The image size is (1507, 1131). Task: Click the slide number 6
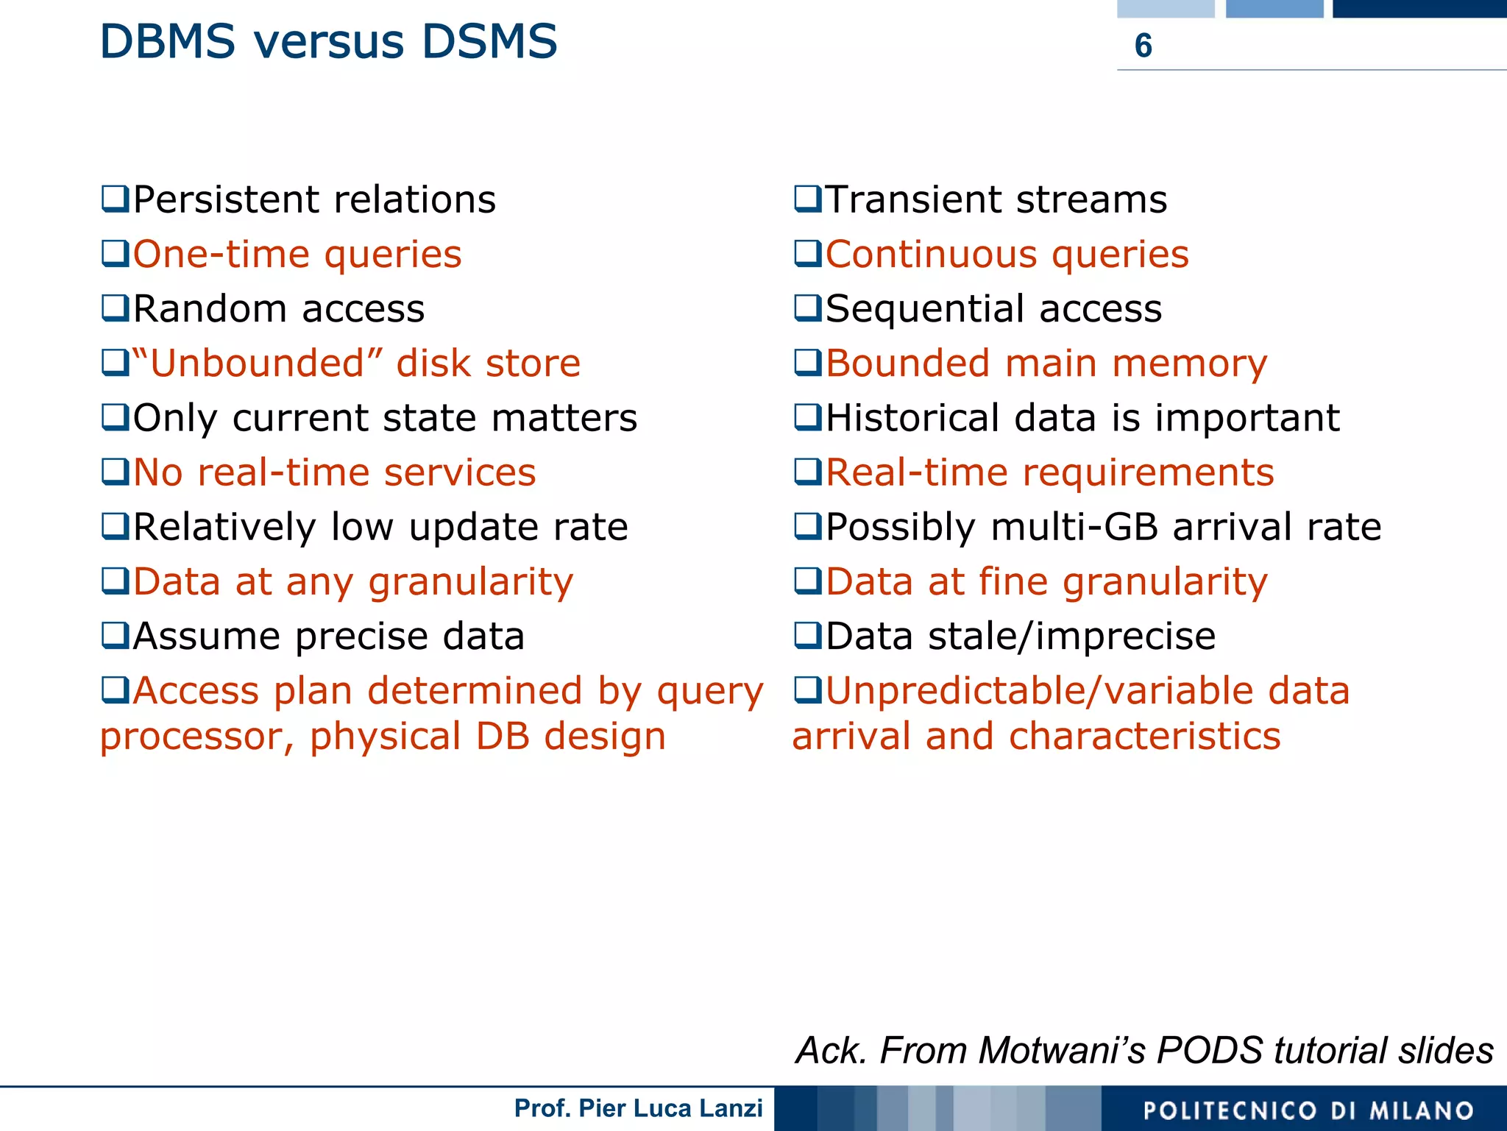[x=1143, y=46]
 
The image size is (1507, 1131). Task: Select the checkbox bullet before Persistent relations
[x=116, y=199]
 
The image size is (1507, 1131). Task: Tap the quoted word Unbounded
[x=258, y=364]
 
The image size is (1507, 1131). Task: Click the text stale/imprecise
[x=1071, y=637]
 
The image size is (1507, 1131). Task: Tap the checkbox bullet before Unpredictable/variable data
[x=808, y=690]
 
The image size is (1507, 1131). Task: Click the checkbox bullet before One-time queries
[x=116, y=254]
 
